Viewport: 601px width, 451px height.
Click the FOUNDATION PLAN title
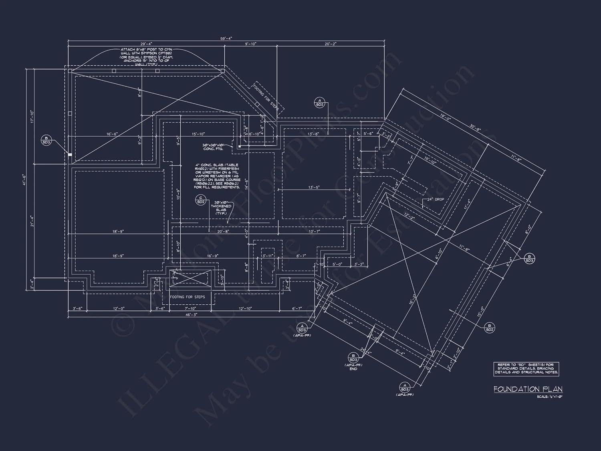coord(528,389)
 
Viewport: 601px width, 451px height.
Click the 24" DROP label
coord(435,199)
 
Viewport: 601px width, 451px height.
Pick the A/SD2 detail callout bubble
coord(319,102)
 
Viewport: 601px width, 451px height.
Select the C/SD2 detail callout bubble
coord(200,200)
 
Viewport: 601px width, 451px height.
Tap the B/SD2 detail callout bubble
coord(489,327)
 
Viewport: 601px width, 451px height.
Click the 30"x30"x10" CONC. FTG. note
coord(213,147)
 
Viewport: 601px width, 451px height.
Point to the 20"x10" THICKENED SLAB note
coord(221,208)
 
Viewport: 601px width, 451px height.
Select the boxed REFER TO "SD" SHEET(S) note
coord(526,368)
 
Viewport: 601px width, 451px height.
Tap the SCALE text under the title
coord(550,397)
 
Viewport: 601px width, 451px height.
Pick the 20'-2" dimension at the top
coord(331,44)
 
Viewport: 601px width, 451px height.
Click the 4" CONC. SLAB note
coord(217,176)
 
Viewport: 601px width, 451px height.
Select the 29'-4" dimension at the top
coord(146,44)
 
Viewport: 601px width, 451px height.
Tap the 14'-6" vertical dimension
coord(247,183)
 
